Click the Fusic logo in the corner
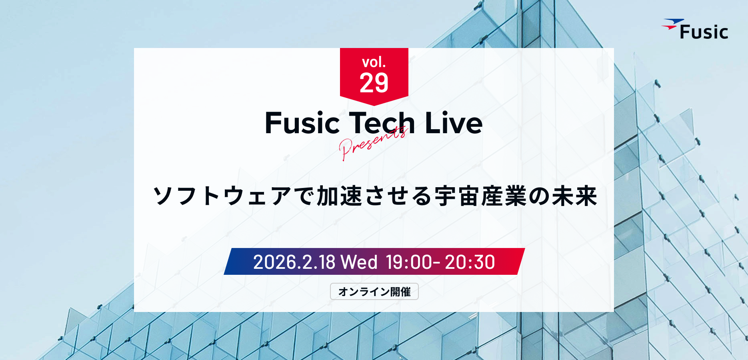coord(695,29)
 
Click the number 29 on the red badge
coord(374,83)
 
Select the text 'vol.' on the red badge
coord(374,62)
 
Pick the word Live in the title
coord(454,123)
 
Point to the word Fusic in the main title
coord(302,123)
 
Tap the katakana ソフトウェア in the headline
coord(222,196)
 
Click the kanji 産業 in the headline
coord(504,196)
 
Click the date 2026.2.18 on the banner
coord(294,262)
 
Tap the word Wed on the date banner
coord(359,262)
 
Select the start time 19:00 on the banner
coord(410,262)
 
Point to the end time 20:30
coord(470,262)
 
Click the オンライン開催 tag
coord(374,292)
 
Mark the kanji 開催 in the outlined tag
coord(400,292)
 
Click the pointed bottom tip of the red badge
coord(374,106)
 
